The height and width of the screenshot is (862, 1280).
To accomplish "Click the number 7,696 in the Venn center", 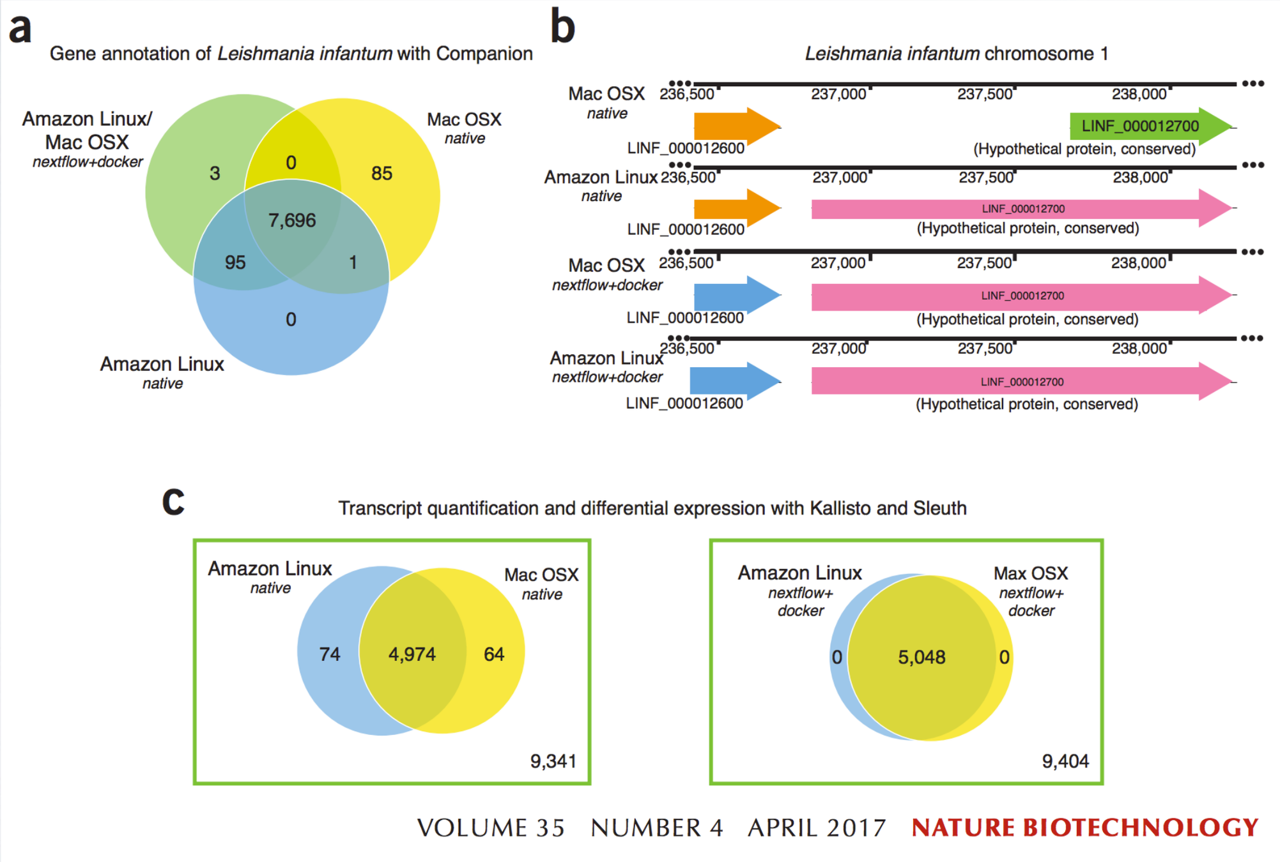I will (x=292, y=221).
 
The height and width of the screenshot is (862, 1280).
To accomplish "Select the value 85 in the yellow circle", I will (x=382, y=173).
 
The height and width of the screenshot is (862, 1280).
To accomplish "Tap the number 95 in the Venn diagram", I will (x=235, y=262).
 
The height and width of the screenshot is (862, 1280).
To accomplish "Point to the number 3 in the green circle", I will (x=215, y=173).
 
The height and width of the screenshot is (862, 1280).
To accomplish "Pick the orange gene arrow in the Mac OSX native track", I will (x=735, y=126).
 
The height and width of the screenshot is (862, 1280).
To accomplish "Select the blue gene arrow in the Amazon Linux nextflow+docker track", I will (x=734, y=381).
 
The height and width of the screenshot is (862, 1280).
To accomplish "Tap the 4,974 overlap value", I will (x=412, y=654).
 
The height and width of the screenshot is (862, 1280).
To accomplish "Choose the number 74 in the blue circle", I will (x=330, y=654).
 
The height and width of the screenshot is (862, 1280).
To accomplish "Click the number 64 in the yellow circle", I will (x=494, y=654).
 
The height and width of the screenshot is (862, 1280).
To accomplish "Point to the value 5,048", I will (x=921, y=657).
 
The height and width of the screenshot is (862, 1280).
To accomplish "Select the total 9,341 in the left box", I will (x=553, y=761).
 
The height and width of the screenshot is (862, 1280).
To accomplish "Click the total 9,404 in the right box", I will (x=1065, y=761).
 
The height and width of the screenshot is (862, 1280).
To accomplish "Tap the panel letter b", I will (x=562, y=27).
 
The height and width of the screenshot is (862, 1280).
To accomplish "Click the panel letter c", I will (x=173, y=501).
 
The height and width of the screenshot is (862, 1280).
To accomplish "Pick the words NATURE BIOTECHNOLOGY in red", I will (x=1084, y=828).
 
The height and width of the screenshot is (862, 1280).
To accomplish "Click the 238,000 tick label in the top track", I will (x=1139, y=95).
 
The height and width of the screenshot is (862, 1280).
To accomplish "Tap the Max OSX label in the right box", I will (x=1030, y=573).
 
